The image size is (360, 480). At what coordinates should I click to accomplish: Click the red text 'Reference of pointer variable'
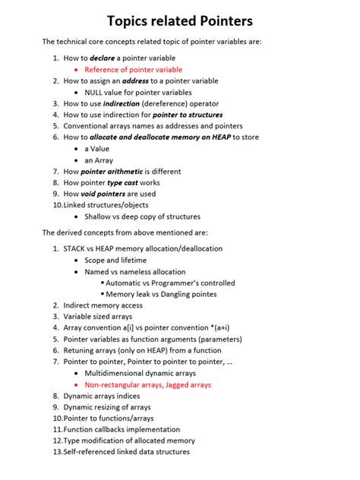pos(133,69)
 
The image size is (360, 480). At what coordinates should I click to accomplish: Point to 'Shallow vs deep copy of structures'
pos(142,216)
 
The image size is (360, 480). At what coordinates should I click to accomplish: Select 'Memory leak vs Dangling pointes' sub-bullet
pos(161,294)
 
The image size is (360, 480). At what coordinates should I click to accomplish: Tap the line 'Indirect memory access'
pos(103,305)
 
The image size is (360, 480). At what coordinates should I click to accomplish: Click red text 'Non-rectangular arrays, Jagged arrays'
pos(147,385)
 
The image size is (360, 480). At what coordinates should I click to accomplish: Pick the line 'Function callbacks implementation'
pos(122,429)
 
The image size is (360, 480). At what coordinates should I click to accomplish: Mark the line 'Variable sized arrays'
pos(97,317)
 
